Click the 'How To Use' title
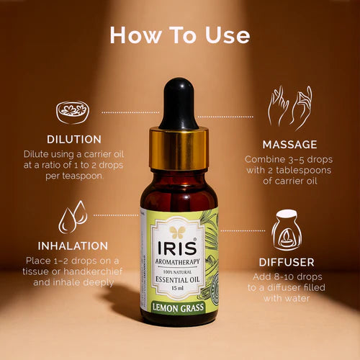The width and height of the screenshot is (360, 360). click(179, 35)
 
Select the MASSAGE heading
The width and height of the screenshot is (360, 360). click(290, 145)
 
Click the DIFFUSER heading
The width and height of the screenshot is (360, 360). click(287, 262)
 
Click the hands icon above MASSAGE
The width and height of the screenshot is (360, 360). click(289, 108)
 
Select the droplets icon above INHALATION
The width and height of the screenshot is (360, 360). click(73, 215)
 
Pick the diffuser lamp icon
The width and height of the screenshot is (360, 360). click(286, 230)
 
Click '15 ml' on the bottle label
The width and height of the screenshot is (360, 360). click(177, 288)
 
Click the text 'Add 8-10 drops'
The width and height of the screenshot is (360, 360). click(287, 277)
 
